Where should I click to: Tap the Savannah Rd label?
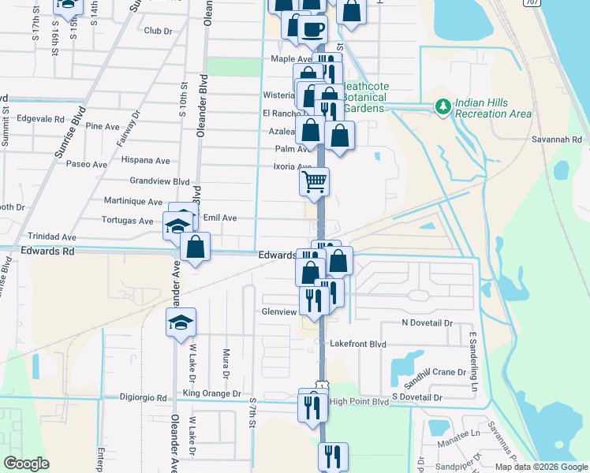coord(566,140)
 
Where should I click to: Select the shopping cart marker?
coord(314,182)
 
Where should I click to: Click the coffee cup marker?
coord(312,28)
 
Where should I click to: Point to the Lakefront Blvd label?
coord(358,345)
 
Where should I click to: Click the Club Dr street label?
coord(158,31)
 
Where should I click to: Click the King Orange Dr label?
coord(211,393)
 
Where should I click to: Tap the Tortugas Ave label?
coord(127,221)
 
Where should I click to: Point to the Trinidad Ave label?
coord(52,236)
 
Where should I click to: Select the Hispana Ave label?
coord(146,160)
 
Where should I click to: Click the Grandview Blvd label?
coord(160,181)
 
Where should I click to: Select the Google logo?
coord(27,464)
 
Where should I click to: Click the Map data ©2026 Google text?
coord(540,467)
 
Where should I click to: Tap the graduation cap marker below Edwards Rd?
coord(181,322)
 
